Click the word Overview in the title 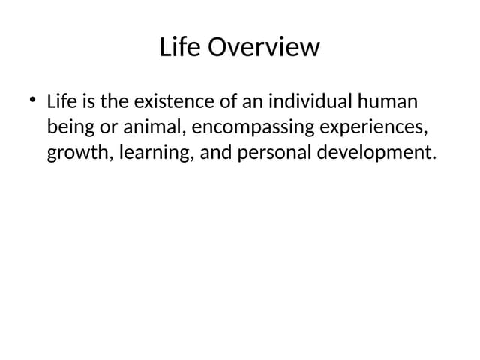click(x=263, y=47)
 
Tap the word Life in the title click(x=180, y=47)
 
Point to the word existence click(x=167, y=101)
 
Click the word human click(x=388, y=101)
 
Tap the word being click(x=67, y=127)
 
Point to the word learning click(x=150, y=154)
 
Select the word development click(x=376, y=154)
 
